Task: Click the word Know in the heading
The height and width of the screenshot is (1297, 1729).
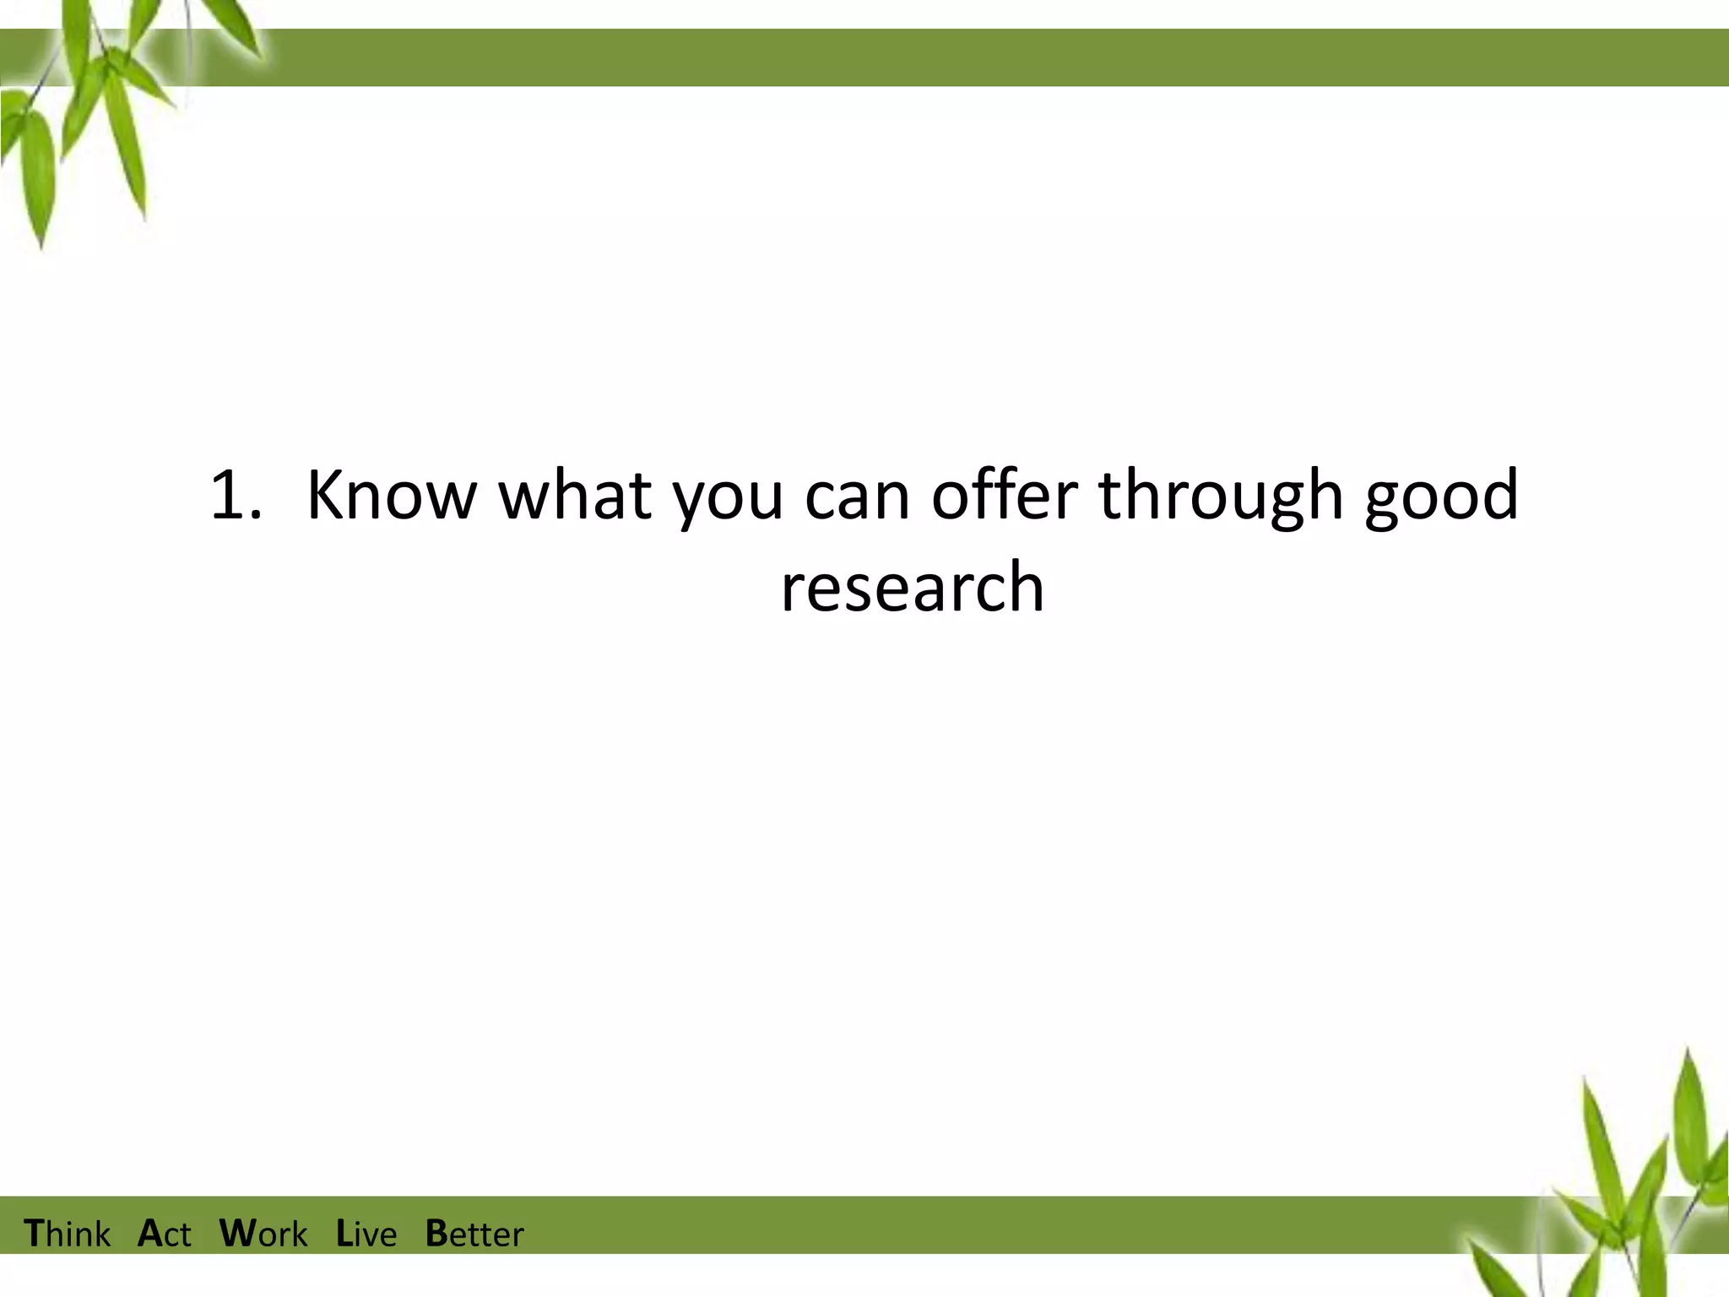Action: tap(392, 496)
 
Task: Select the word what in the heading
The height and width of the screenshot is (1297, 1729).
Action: tap(575, 496)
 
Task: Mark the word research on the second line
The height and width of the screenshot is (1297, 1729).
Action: tap(912, 589)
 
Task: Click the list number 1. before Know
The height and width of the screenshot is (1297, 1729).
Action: tap(236, 496)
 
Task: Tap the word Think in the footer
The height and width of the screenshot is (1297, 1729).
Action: tap(68, 1234)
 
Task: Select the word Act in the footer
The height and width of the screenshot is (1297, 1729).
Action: tap(165, 1234)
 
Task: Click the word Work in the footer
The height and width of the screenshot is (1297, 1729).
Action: tap(263, 1234)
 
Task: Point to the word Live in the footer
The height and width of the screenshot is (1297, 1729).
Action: tap(366, 1234)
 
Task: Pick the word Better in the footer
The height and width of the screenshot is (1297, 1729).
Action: tap(474, 1234)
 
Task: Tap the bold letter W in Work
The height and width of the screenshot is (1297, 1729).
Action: tap(236, 1233)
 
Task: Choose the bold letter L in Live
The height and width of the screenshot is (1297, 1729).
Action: tap(344, 1233)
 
